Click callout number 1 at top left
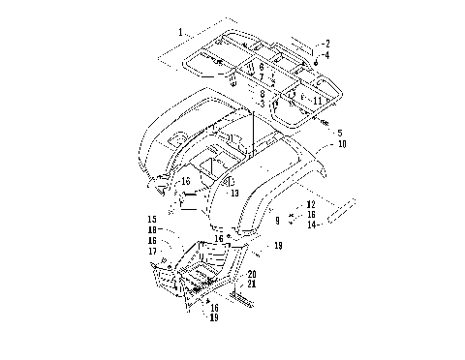click(x=180, y=32)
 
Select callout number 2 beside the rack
click(x=327, y=44)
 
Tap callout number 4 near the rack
click(x=327, y=55)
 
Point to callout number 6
click(x=262, y=67)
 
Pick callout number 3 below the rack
click(x=262, y=103)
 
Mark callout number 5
click(x=339, y=132)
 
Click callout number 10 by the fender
click(x=341, y=143)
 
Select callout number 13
click(x=233, y=193)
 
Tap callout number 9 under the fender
click(x=276, y=221)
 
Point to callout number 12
click(x=310, y=205)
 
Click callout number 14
click(x=310, y=225)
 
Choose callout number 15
click(x=153, y=220)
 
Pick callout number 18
click(x=153, y=229)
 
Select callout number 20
click(x=251, y=275)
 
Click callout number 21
click(x=251, y=284)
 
